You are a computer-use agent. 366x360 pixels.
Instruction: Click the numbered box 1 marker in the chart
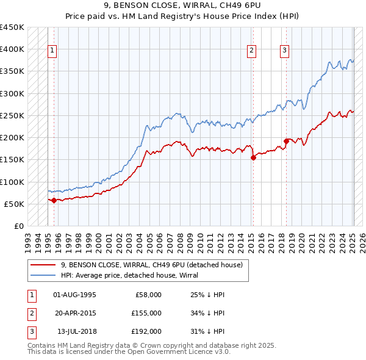tap(52, 51)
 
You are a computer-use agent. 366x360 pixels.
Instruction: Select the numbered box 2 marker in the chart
tap(251, 51)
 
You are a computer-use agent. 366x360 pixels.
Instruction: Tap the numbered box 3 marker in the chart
tap(285, 51)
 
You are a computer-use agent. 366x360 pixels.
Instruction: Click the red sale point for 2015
tap(253, 157)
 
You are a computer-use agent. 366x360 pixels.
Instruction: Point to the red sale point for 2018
tap(286, 141)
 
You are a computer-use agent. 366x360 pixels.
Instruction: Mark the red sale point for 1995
tap(54, 200)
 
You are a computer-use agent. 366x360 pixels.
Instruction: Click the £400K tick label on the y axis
tap(12, 49)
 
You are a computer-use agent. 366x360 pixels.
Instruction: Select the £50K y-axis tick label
tap(15, 204)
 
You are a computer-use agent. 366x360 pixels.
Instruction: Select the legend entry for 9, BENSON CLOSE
tap(152, 265)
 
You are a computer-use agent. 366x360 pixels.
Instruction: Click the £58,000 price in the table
tap(147, 295)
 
